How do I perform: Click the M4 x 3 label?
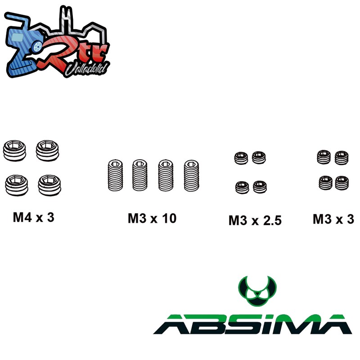pos(33,217)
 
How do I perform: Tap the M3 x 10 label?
pos(152,218)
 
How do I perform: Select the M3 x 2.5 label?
pos(255,220)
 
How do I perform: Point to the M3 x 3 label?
pos(333,219)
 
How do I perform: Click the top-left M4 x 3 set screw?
pos(14,151)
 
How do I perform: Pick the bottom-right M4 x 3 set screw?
pos(49,185)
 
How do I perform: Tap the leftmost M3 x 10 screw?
pos(115,175)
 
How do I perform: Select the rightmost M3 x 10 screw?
pos(192,175)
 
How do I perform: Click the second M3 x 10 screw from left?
pos(140,175)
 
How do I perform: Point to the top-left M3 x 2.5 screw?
pos(241,158)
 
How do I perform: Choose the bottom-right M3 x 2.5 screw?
pos(260,187)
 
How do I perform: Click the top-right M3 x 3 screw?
pos(342,158)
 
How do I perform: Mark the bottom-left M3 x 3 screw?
pos(325,183)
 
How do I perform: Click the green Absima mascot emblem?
pos(257,291)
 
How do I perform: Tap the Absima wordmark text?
pos(252,324)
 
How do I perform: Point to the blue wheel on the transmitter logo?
pos(37,47)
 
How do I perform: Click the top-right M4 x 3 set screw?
pos(47,151)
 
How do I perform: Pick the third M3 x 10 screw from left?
pos(166,175)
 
